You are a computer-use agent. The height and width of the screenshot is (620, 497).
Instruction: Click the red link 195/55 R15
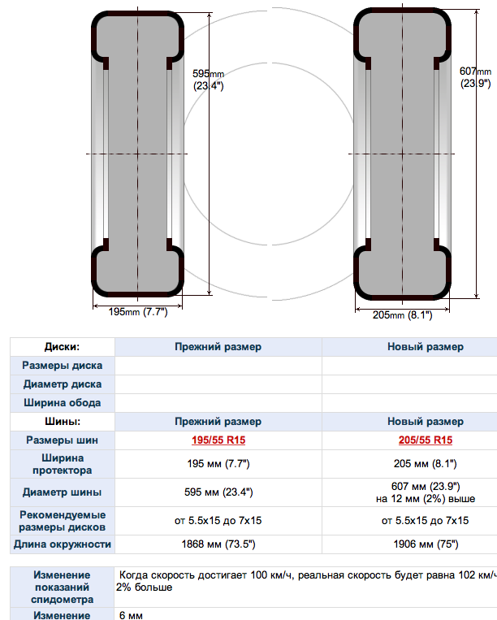(x=218, y=440)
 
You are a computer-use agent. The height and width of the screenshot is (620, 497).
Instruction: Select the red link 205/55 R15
(x=426, y=440)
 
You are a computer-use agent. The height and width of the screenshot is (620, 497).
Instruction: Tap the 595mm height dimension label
(x=208, y=80)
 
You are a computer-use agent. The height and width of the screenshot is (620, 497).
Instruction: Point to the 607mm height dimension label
(x=476, y=77)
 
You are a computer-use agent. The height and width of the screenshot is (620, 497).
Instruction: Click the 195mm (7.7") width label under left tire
(x=138, y=312)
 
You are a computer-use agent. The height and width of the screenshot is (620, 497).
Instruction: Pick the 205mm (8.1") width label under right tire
(x=402, y=315)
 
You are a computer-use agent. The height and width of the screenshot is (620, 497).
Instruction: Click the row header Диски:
(x=62, y=347)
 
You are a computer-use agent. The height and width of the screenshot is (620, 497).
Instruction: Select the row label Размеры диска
(x=62, y=366)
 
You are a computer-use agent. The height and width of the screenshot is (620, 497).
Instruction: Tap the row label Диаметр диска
(x=62, y=384)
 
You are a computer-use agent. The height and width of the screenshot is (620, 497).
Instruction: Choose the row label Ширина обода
(x=62, y=403)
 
